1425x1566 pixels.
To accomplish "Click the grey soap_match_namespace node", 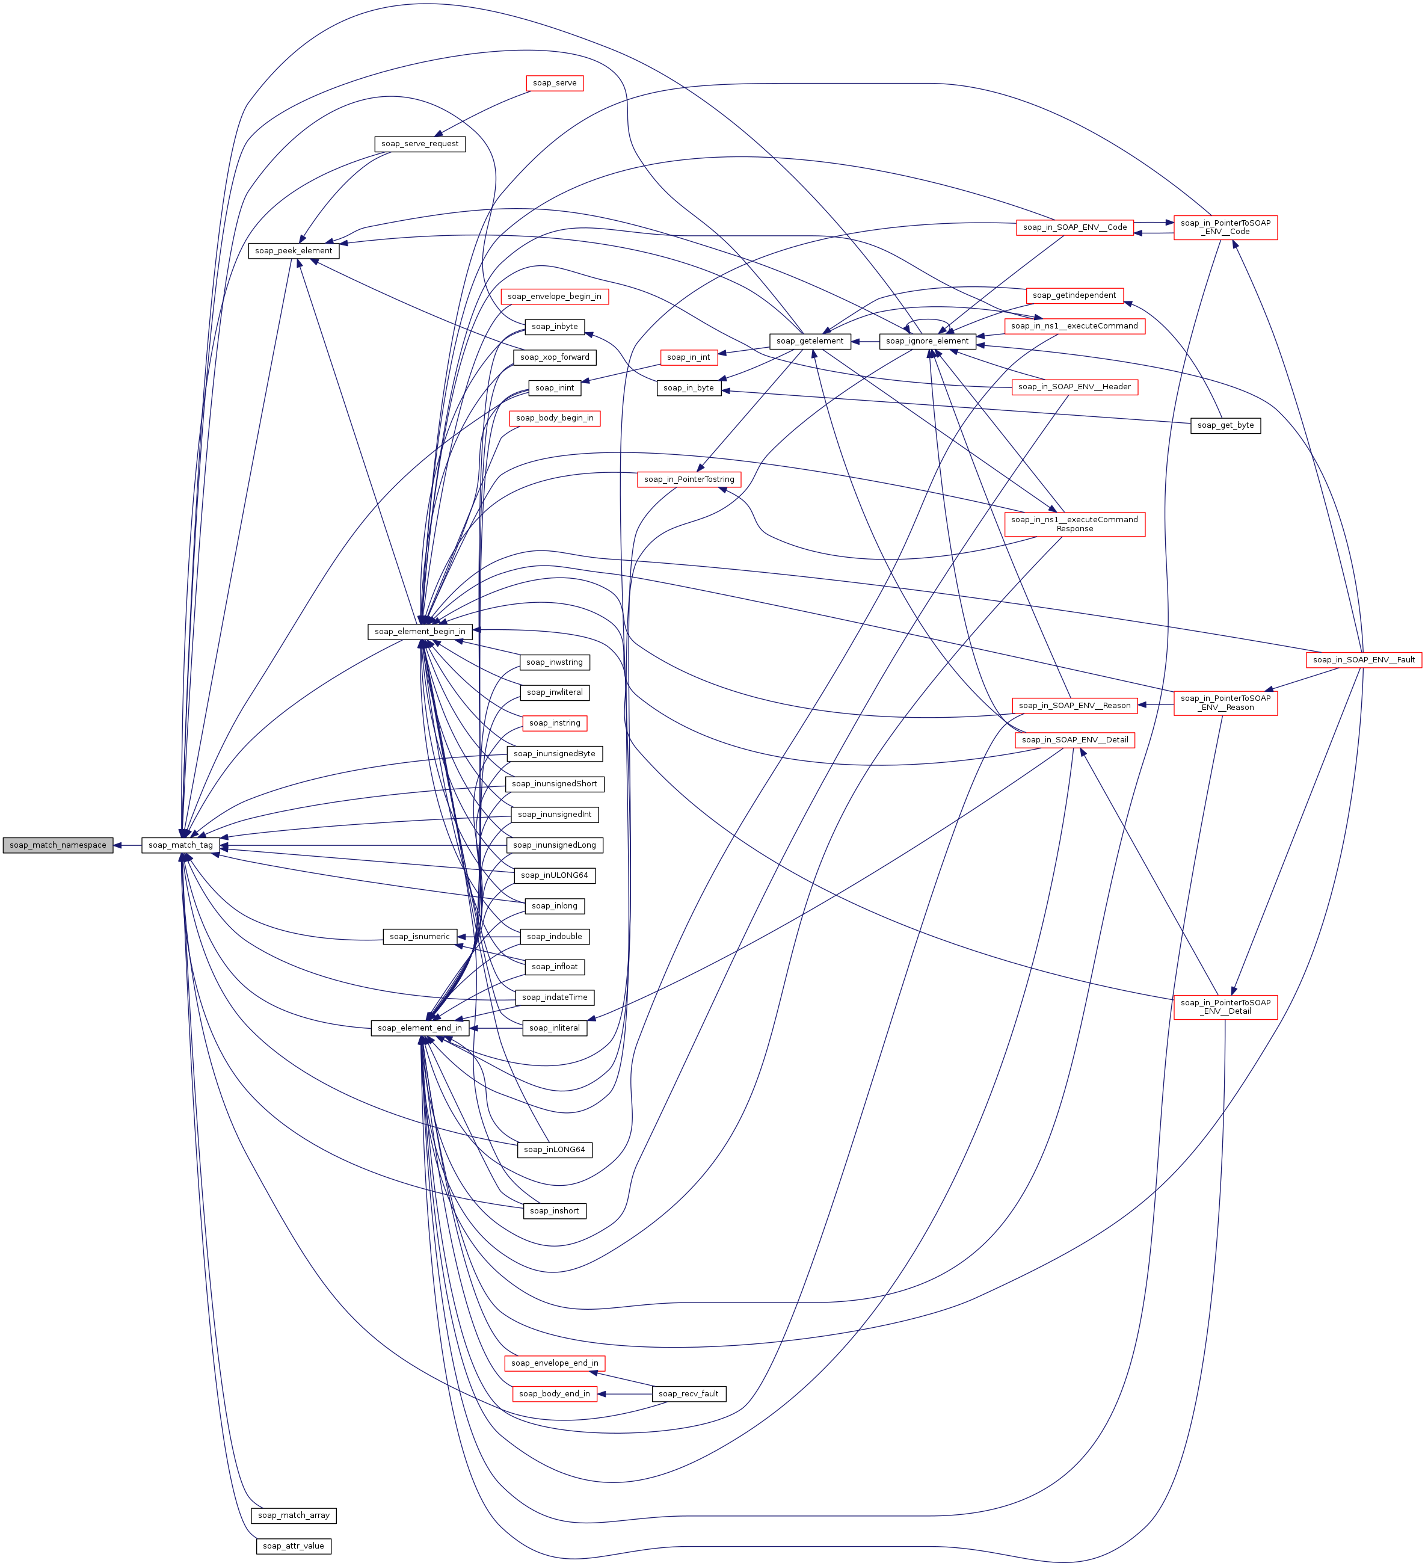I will [x=58, y=845].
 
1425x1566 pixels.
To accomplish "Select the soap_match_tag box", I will [x=180, y=845].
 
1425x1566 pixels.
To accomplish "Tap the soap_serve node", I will [x=555, y=83].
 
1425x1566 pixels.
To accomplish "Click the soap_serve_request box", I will [x=419, y=144].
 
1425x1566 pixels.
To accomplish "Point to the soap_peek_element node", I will [x=294, y=251].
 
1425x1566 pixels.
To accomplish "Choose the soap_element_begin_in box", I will [x=419, y=632].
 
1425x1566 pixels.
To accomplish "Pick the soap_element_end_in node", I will [x=419, y=1028].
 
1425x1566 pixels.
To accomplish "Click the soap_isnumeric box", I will [x=419, y=936].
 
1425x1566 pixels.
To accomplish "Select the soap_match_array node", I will [x=294, y=1515].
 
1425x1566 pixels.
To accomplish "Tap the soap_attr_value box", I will [x=294, y=1546].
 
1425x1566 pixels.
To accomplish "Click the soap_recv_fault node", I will [x=688, y=1393].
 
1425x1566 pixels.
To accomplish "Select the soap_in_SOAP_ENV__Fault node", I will [x=1364, y=659].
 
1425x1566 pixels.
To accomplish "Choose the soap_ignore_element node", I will [x=927, y=341].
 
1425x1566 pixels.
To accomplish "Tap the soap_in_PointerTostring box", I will [x=689, y=479].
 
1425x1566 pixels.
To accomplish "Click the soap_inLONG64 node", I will [x=555, y=1149].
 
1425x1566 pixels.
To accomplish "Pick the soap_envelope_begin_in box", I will [x=555, y=296].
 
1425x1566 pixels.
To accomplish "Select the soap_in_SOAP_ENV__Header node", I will [x=1074, y=387].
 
